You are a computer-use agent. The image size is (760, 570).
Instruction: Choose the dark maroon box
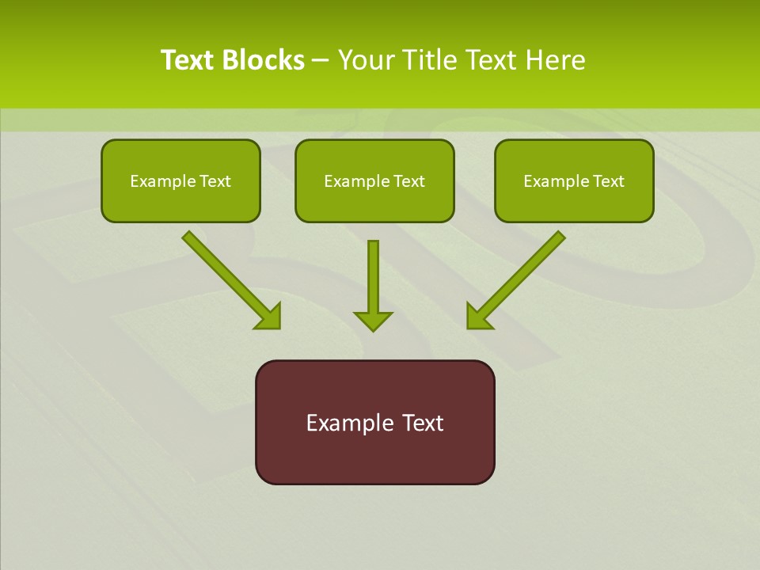pos(374,455)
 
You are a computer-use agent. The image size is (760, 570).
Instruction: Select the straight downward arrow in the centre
pos(373,277)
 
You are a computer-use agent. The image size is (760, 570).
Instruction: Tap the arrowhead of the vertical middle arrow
pos(373,320)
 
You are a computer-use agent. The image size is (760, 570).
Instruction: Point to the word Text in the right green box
pos(607,181)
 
